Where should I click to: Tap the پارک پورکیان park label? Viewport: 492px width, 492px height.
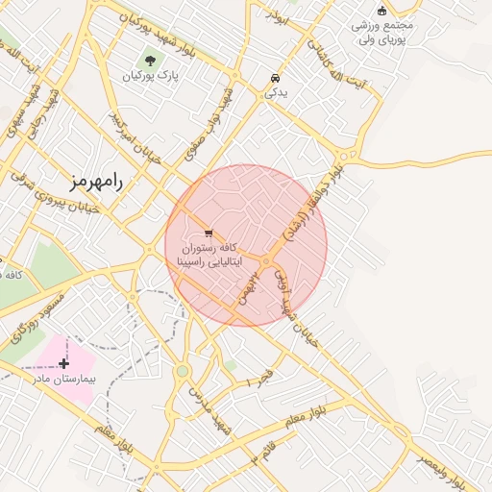156,76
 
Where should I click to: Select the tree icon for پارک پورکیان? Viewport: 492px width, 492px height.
150,61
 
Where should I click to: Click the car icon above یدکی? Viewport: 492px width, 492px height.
276,78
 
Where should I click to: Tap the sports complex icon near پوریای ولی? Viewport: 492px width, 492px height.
382,12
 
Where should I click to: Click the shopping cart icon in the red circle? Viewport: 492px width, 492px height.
209,233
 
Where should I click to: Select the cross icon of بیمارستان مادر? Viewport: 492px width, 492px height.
63,363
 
